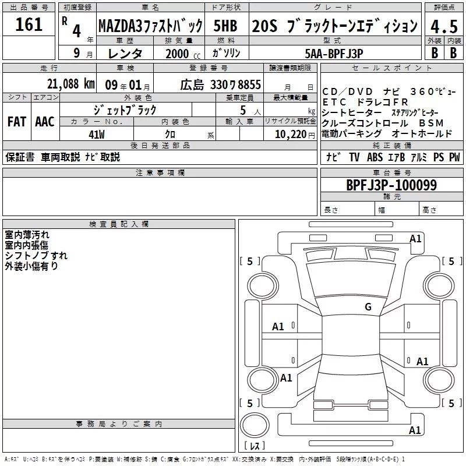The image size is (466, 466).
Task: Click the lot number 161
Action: pyautogui.click(x=29, y=24)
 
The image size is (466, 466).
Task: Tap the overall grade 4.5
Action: pyautogui.click(x=444, y=26)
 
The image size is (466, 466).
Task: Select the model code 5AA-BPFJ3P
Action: pyautogui.click(x=334, y=54)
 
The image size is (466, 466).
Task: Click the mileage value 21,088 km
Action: pyautogui.click(x=71, y=84)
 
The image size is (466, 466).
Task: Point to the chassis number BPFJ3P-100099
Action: pyautogui.click(x=391, y=185)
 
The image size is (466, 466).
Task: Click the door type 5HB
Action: pyautogui.click(x=225, y=26)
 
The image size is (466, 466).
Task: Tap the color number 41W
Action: pyautogui.click(x=97, y=135)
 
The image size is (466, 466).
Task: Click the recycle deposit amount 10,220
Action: pyautogui.click(x=291, y=135)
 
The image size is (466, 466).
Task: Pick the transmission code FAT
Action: pyautogui.click(x=17, y=122)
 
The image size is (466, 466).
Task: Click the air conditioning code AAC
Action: pyautogui.click(x=45, y=122)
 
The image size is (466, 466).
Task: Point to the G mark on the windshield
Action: pyautogui.click(x=368, y=306)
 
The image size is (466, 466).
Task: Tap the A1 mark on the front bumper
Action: pyautogui.click(x=415, y=239)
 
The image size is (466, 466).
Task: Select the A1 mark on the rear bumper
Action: pyautogui.click(x=415, y=430)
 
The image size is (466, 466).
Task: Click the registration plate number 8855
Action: pyautogui.click(x=249, y=84)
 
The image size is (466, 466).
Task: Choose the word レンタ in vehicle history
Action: pyautogui.click(x=125, y=54)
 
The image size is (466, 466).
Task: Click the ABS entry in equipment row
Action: pyautogui.click(x=375, y=157)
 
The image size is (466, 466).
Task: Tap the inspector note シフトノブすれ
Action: pyautogui.click(x=36, y=255)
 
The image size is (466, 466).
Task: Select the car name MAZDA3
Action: pyautogui.click(x=119, y=26)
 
